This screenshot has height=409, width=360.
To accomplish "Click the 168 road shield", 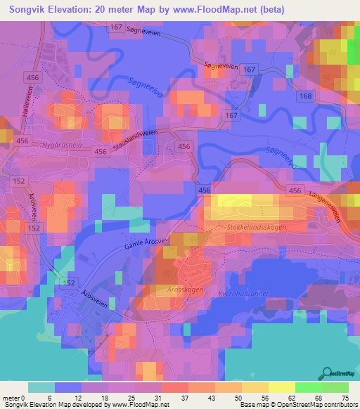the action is (304, 96).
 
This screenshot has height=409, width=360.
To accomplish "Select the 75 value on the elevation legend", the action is (345, 397).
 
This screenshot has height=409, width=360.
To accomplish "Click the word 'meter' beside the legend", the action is (12, 397).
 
